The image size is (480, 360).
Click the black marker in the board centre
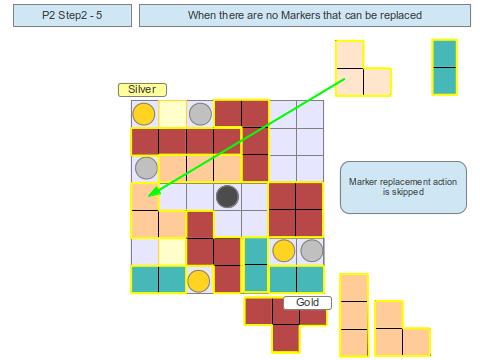[x=228, y=196]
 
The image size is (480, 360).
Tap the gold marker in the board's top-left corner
[x=144, y=113]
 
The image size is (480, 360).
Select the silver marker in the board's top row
[x=200, y=113]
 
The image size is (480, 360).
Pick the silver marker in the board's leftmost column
[x=145, y=168]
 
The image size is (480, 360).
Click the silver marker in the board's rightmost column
[x=312, y=250]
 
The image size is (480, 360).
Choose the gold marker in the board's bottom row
[x=200, y=279]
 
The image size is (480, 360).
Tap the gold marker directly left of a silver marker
[x=283, y=250]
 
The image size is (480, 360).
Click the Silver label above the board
[x=142, y=89]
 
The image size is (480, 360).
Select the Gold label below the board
[x=307, y=302]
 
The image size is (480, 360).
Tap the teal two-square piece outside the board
[x=444, y=67]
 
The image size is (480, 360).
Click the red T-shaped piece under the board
[x=285, y=320]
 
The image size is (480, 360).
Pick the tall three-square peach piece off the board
[x=353, y=315]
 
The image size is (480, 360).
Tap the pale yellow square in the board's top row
[x=172, y=113]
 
